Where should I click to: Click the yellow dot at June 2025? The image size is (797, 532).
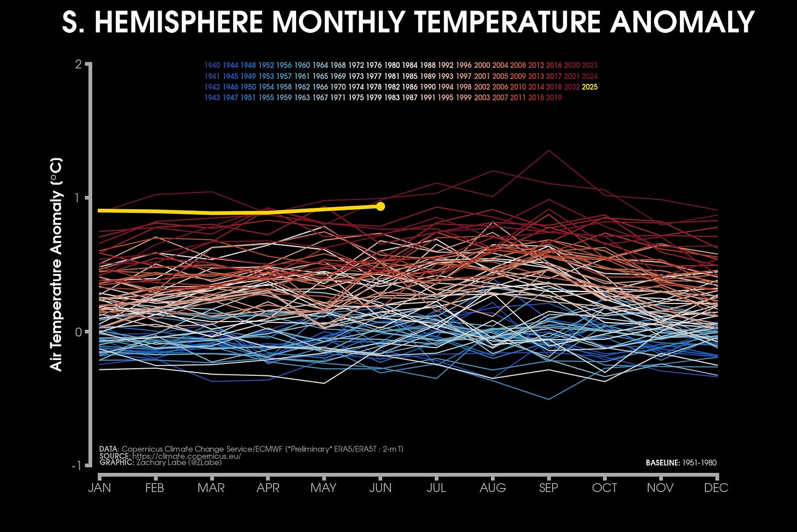(380, 207)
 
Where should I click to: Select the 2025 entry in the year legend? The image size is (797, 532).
(590, 87)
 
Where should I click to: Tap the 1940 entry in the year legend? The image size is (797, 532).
(212, 65)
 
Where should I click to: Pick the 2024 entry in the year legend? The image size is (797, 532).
(590, 76)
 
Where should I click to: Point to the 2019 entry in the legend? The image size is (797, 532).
(553, 98)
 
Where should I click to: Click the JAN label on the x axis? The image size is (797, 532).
(99, 488)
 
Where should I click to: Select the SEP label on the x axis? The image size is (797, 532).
(548, 488)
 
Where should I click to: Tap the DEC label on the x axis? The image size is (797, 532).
(716, 488)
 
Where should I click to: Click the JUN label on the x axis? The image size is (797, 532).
(380, 488)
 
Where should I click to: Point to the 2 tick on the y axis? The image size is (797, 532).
(78, 65)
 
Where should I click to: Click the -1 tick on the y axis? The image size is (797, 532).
(76, 466)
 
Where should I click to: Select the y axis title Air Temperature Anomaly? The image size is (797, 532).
(56, 264)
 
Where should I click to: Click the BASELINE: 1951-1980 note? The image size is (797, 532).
(681, 463)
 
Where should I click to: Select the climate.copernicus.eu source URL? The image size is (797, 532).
(186, 456)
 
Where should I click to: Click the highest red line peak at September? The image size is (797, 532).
(548, 151)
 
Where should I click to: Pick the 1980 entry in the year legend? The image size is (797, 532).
(392, 65)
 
